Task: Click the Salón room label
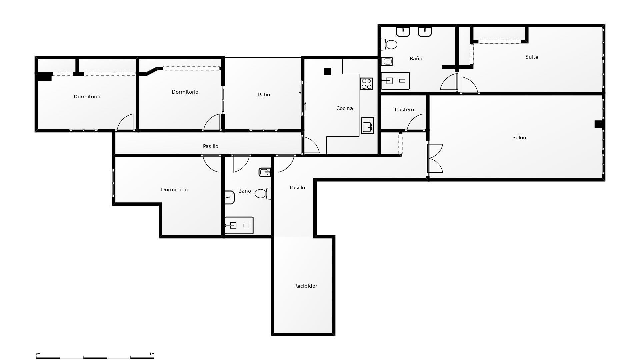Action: (519, 138)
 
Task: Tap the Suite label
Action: (532, 57)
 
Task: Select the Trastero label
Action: (404, 110)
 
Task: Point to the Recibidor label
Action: (306, 286)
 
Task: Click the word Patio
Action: (264, 95)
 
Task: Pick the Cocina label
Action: (344, 108)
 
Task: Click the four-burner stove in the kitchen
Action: (366, 84)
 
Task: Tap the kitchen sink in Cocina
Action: (367, 125)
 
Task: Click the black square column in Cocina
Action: (327, 72)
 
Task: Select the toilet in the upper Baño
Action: (389, 44)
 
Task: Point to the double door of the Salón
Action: (435, 158)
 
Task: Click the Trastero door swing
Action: (415, 122)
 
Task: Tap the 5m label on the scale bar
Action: (152, 354)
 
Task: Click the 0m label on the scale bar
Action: (38, 354)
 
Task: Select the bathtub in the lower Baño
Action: (239, 226)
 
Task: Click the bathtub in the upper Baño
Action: (395, 81)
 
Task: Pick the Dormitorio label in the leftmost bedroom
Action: (87, 97)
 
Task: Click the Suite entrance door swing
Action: (470, 85)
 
